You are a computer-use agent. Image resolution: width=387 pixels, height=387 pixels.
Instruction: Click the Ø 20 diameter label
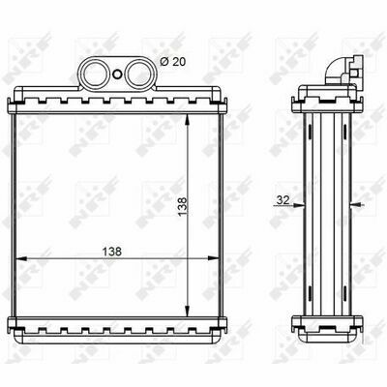tap(173, 61)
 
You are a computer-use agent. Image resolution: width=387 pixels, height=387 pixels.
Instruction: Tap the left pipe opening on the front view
tap(93, 74)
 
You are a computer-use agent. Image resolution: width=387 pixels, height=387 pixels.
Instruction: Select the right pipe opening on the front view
tap(137, 74)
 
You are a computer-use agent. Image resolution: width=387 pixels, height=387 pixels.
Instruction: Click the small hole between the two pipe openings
tap(117, 74)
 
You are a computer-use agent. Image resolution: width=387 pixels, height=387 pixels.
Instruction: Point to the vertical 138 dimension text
tap(183, 206)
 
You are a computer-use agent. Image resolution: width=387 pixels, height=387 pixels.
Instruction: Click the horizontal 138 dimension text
tap(112, 252)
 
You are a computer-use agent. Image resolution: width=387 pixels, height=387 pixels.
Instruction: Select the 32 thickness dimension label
tap(283, 200)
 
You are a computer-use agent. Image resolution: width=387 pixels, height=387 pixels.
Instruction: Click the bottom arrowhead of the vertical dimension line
tap(187, 312)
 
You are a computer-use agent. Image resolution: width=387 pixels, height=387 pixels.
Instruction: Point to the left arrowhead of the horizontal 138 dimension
tap(21, 258)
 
